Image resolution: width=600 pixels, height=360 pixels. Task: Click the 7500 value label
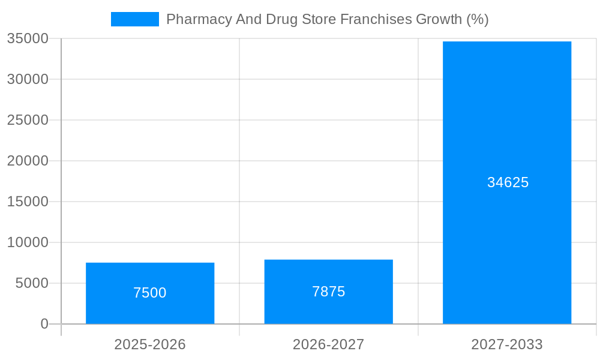pos(150,293)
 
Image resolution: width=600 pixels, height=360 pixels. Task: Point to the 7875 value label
pos(328,292)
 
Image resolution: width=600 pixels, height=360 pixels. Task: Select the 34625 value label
pos(508,182)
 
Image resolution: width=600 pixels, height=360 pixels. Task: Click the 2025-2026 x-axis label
pos(150,344)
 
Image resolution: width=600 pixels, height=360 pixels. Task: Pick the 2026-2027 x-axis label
pos(328,344)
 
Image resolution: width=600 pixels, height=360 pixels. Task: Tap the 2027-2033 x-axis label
pos(507,344)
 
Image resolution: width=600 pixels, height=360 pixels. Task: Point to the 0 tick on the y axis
pos(44,324)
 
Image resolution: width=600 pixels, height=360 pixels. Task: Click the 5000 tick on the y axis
pos(32,283)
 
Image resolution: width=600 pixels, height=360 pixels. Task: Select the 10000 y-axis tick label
pos(28,242)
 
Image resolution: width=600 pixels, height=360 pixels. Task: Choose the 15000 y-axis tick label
pos(28,202)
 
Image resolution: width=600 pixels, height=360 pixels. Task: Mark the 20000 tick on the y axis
pos(28,161)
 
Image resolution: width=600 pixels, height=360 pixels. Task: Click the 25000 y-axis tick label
pos(28,120)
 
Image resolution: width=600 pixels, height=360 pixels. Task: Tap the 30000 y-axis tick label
pos(28,79)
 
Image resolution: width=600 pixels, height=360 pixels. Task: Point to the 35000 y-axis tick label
pos(28,38)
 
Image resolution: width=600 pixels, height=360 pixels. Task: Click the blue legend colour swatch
pos(135,19)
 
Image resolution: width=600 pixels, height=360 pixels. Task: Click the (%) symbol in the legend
pos(478,19)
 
